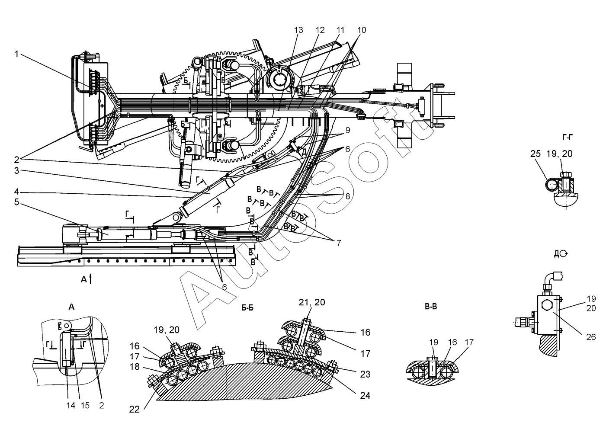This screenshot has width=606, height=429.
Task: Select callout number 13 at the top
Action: click(298, 30)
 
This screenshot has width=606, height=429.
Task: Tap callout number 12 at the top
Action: click(320, 30)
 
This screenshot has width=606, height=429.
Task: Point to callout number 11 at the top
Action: click(340, 30)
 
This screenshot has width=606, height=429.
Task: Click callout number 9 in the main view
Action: click(347, 130)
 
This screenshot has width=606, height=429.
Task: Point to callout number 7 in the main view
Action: click(338, 243)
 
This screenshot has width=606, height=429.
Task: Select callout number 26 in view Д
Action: click(591, 337)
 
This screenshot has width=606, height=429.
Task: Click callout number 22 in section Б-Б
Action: click(134, 409)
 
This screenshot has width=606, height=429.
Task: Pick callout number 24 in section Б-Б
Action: click(365, 395)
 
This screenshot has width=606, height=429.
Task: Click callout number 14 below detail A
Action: click(70, 405)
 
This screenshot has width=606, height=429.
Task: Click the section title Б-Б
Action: click(247, 308)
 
